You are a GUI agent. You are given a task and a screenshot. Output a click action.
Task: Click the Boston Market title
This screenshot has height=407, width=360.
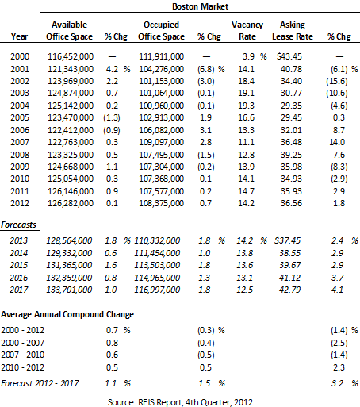coord(200,6)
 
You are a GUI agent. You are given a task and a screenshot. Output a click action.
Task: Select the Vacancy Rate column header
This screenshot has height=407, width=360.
coord(247,30)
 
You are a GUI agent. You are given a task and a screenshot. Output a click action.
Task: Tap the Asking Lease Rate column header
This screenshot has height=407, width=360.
coord(293,30)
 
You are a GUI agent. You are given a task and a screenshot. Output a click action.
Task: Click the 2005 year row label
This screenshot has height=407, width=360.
coord(20,117)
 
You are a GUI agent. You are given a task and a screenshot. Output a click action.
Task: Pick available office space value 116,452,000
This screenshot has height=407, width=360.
coord(71,56)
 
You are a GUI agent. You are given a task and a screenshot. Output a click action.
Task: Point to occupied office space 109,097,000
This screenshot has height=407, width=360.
coord(161,142)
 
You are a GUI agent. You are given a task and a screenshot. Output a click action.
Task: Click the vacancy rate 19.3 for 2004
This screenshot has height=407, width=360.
coord(246,106)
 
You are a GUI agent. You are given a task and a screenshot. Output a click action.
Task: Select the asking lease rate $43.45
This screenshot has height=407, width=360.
coord(289,56)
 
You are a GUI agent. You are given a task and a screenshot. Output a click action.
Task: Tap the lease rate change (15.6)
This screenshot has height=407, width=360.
coord(337,81)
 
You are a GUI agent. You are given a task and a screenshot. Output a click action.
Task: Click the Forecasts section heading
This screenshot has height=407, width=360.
coord(18,225)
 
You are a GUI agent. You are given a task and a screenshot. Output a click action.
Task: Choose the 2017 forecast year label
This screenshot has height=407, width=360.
coord(18,290)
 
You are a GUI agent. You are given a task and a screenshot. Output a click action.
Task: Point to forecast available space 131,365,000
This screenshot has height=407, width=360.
coord(69,265)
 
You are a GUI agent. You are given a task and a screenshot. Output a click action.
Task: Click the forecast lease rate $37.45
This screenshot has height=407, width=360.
coord(287,240)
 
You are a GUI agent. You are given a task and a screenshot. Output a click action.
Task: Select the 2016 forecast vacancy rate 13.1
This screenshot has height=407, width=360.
coord(244,278)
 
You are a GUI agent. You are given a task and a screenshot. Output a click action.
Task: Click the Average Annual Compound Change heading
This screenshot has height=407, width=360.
coord(67,314)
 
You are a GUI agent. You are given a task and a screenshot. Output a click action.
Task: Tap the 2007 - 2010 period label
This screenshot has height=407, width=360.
coord(23,355)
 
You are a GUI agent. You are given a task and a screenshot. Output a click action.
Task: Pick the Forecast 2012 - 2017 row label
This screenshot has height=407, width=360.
coord(40,383)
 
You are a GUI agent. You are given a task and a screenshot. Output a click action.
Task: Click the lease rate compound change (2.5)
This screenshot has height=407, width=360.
coord(339,343)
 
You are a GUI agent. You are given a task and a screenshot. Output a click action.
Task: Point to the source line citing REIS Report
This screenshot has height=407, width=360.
coord(180,402)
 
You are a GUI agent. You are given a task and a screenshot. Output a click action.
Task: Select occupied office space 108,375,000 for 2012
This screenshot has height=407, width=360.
coord(161,203)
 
